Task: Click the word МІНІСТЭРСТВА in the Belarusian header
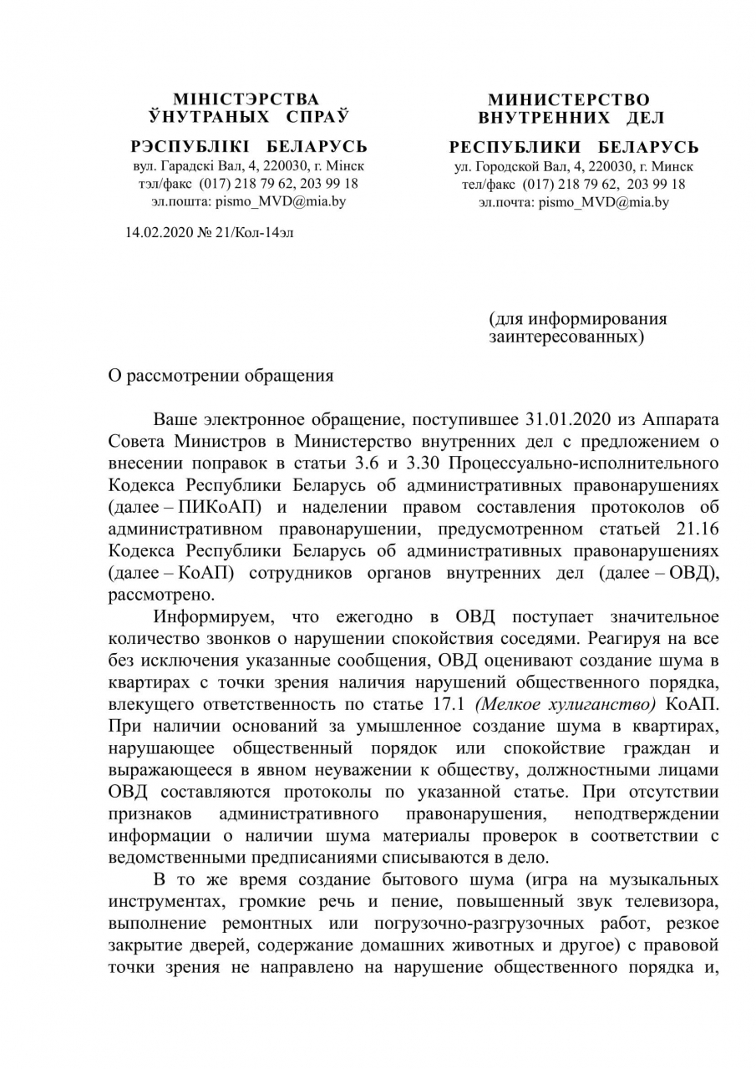246,99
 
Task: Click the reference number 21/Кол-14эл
256,231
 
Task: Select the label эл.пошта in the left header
178,201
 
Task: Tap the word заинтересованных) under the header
566,337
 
